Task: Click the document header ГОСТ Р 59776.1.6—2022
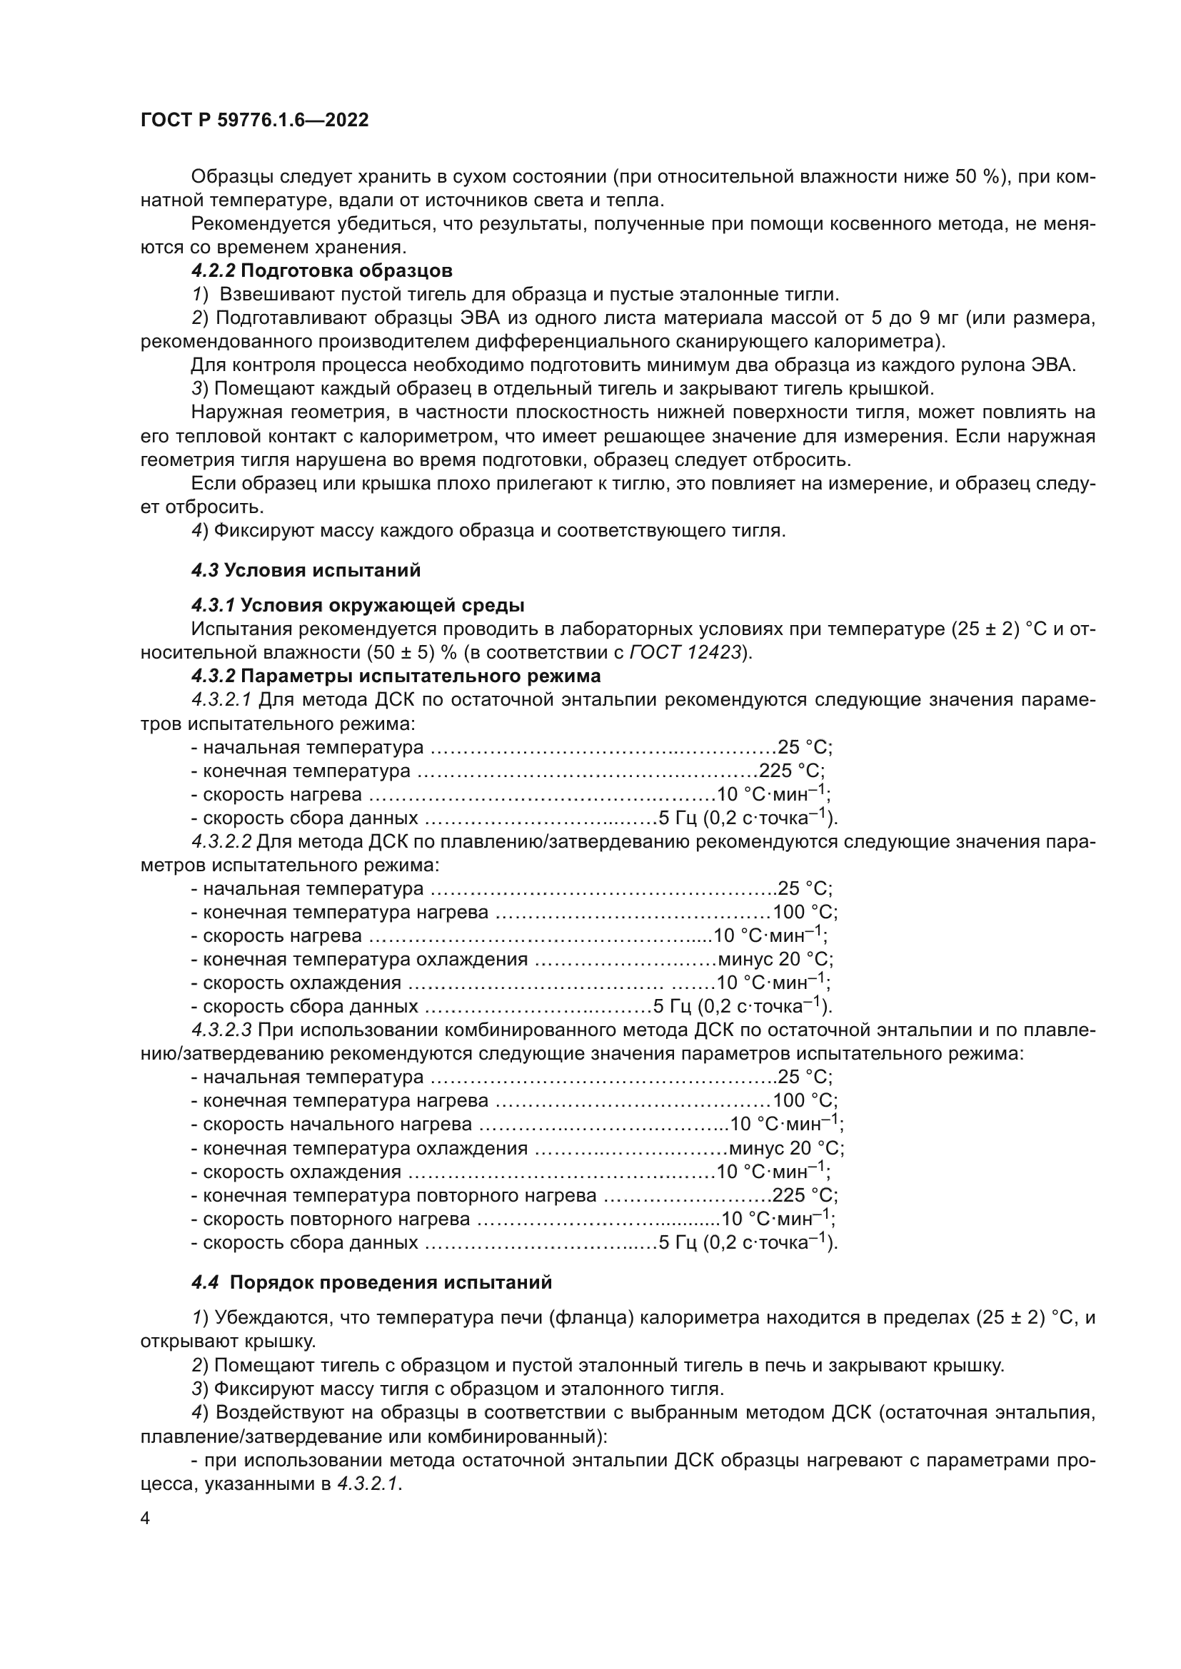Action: [x=254, y=120]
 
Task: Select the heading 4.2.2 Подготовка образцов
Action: [x=321, y=271]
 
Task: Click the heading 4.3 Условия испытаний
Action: [x=306, y=570]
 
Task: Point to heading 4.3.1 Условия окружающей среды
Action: [x=357, y=605]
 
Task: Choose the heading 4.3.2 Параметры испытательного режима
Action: [x=396, y=676]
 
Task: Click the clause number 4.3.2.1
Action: [x=221, y=699]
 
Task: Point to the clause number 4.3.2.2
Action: [x=221, y=842]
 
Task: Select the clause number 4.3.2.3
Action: [x=221, y=1030]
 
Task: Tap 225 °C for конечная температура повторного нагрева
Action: [x=803, y=1196]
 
